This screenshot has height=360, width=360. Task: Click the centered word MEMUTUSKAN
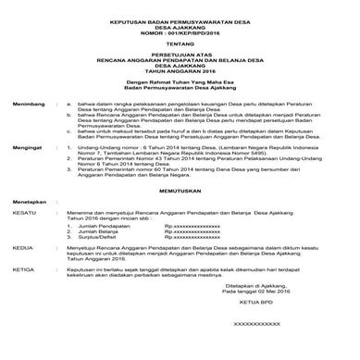(180, 210)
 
